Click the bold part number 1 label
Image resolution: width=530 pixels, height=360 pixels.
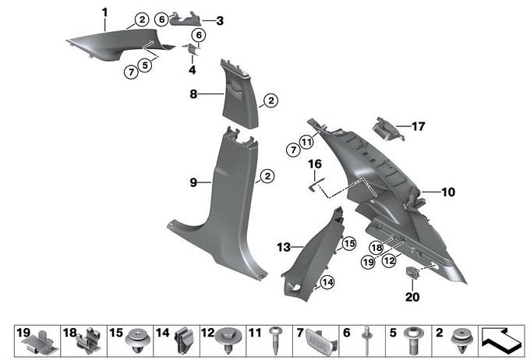pyautogui.click(x=105, y=12)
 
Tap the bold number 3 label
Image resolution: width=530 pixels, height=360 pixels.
pyautogui.click(x=220, y=20)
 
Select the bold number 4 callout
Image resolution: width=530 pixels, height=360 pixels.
pyautogui.click(x=192, y=69)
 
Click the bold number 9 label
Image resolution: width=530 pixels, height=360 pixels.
pyautogui.click(x=193, y=182)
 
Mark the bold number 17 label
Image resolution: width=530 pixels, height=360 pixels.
pyautogui.click(x=419, y=125)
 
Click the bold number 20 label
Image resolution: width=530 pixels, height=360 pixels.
pyautogui.click(x=412, y=297)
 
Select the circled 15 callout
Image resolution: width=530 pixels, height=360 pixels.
pyautogui.click(x=348, y=244)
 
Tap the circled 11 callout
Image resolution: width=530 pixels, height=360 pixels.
pyautogui.click(x=306, y=142)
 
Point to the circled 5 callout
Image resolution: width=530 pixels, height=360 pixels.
pyautogui.click(x=145, y=66)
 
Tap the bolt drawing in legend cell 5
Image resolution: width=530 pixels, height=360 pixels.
pyautogui.click(x=414, y=341)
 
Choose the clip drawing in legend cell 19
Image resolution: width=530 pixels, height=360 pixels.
pyautogui.click(x=40, y=341)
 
